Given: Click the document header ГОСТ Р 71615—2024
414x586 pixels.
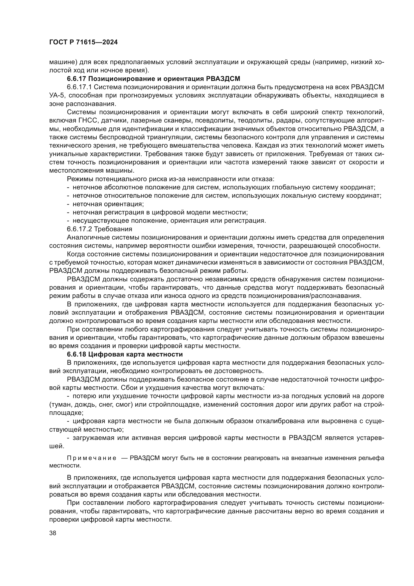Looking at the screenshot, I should click(x=83, y=42).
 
